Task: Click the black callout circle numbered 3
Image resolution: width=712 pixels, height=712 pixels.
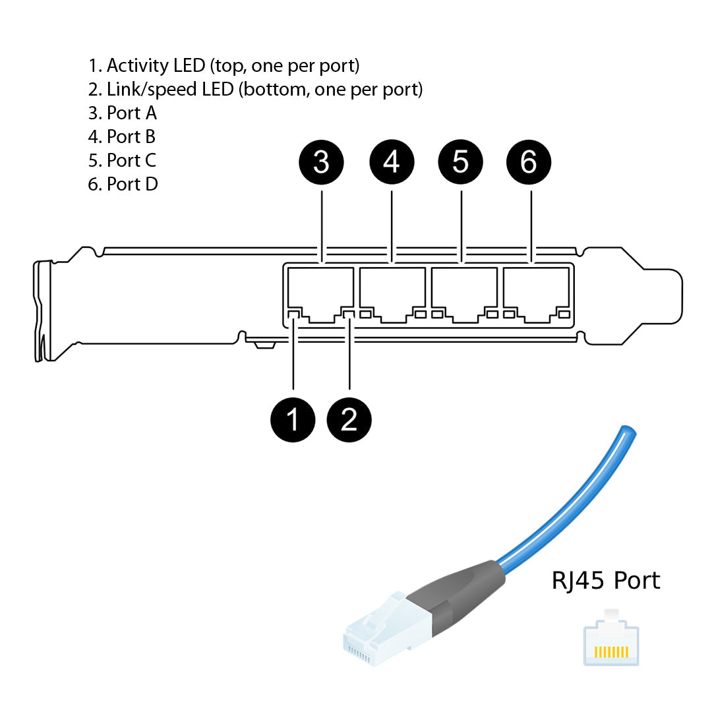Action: pyautogui.click(x=321, y=162)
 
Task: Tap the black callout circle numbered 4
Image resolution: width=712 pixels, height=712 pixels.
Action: pyautogui.click(x=392, y=162)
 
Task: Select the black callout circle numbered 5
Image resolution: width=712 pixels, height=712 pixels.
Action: pyautogui.click(x=461, y=162)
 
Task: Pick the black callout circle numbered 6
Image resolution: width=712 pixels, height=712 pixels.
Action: pyautogui.click(x=529, y=162)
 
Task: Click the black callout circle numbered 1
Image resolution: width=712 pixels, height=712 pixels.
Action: pyautogui.click(x=293, y=419)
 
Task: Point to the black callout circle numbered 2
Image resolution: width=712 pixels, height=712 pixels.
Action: pyautogui.click(x=349, y=419)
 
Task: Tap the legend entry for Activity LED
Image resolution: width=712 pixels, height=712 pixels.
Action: pyautogui.click(x=223, y=66)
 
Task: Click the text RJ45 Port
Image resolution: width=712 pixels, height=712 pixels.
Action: pyautogui.click(x=605, y=581)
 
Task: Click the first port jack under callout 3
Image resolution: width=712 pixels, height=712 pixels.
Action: pyautogui.click(x=321, y=293)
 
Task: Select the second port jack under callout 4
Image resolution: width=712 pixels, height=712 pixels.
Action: pyautogui.click(x=392, y=293)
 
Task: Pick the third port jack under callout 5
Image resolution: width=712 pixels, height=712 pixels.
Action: pyautogui.click(x=464, y=293)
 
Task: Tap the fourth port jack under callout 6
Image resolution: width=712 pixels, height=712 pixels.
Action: pyautogui.click(x=536, y=293)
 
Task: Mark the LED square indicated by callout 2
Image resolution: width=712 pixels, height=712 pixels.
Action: pyautogui.click(x=349, y=314)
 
